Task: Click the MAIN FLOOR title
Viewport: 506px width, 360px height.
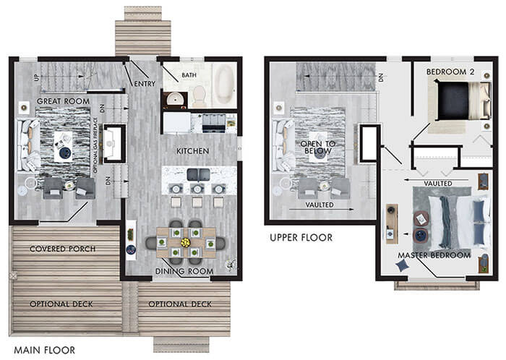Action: (45, 350)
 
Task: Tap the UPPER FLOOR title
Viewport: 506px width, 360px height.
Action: (301, 238)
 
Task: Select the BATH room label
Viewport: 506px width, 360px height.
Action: (189, 75)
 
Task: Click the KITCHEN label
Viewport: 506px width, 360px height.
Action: (192, 151)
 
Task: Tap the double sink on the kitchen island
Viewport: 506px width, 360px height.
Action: (199, 175)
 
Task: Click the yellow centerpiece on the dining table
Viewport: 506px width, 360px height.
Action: (185, 243)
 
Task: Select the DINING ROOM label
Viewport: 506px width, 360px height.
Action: (184, 271)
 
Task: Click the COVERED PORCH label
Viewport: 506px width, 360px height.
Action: (63, 249)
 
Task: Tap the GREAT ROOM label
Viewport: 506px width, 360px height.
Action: (63, 101)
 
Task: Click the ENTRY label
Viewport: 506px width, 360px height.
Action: (145, 84)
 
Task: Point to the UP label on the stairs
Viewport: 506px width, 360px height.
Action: (36, 77)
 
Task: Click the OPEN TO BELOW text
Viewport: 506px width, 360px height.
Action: (318, 147)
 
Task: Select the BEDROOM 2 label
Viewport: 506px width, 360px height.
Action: (450, 72)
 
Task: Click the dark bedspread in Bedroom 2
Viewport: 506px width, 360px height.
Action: (453, 101)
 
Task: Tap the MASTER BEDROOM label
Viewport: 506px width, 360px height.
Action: (434, 255)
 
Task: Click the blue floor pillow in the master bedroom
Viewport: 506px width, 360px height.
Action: (403, 265)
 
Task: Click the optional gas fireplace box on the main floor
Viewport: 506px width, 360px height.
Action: (114, 143)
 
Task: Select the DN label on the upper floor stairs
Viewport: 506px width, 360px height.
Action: (381, 77)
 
